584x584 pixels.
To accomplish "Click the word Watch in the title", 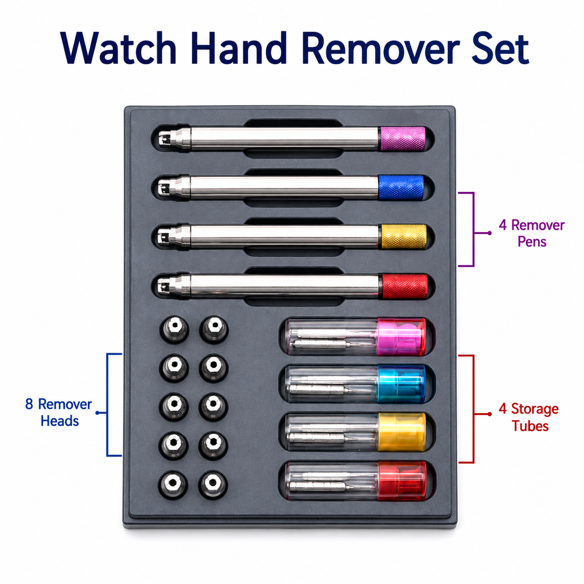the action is [x=118, y=48].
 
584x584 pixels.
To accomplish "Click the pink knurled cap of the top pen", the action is [x=402, y=138].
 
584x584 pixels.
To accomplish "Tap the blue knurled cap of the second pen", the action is [x=401, y=187].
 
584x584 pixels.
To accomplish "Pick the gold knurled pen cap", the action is [x=403, y=237].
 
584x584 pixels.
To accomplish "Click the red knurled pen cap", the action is [x=405, y=286].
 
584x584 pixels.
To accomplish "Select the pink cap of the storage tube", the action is [x=401, y=336].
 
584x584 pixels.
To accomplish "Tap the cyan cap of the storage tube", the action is [x=401, y=384].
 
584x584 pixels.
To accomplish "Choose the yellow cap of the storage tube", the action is [x=401, y=432].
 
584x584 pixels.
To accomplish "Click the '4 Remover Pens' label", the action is [x=531, y=233].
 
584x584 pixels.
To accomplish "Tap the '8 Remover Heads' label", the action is [x=59, y=413].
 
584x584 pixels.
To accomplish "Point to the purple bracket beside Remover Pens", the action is [x=473, y=230].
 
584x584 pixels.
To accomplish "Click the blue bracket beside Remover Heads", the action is [x=107, y=405].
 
